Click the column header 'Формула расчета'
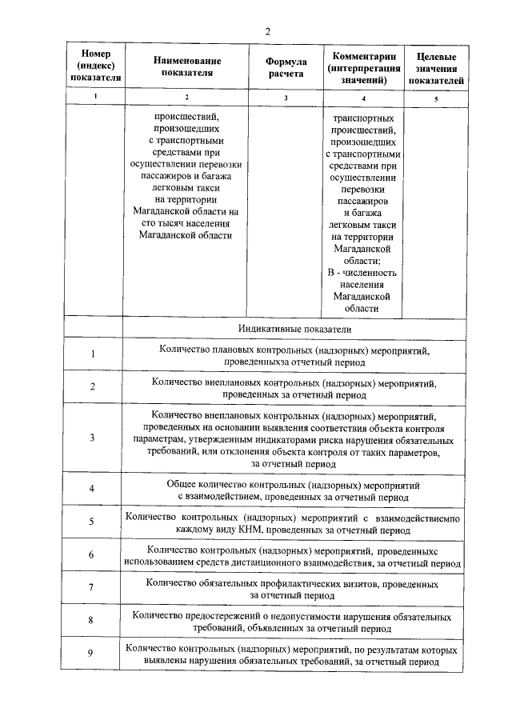click(286, 66)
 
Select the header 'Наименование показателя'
click(188, 66)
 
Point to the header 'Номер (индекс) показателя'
click(94, 66)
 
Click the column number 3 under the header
click(286, 98)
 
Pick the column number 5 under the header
click(436, 98)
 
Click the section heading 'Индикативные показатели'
click(294, 329)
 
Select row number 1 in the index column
click(93, 354)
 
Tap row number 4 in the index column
click(93, 489)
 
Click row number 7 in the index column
click(93, 588)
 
